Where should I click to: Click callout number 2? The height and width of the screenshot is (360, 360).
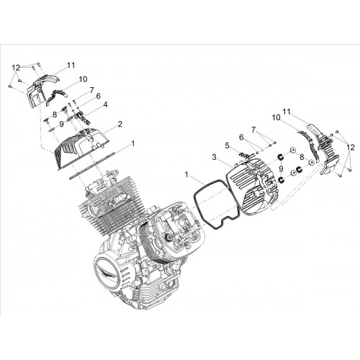(x=120, y=125)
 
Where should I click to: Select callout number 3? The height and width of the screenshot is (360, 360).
(x=215, y=158)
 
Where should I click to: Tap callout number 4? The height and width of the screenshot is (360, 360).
(x=105, y=105)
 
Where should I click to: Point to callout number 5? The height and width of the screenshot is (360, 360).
(x=228, y=145)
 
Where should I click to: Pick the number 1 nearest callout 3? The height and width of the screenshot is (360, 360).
(x=187, y=175)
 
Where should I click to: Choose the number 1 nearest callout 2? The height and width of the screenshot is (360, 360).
(x=132, y=144)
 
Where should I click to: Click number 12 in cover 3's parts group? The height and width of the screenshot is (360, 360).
(x=351, y=147)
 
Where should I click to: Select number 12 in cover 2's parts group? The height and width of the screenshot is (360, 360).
(x=17, y=68)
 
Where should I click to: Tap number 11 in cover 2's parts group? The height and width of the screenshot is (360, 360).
(x=71, y=65)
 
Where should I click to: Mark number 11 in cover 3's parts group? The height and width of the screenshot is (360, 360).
(x=287, y=112)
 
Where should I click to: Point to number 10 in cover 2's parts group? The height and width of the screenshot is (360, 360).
(x=83, y=79)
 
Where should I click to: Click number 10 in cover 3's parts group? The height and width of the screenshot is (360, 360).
(x=276, y=117)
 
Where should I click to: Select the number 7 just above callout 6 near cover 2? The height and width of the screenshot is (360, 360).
(x=91, y=90)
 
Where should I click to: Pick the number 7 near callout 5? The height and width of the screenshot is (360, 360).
(x=253, y=130)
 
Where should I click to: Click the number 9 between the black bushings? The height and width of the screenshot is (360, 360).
(x=281, y=168)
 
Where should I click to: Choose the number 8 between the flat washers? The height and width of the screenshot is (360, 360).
(x=302, y=157)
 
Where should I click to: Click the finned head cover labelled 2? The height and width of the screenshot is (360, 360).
(x=81, y=149)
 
